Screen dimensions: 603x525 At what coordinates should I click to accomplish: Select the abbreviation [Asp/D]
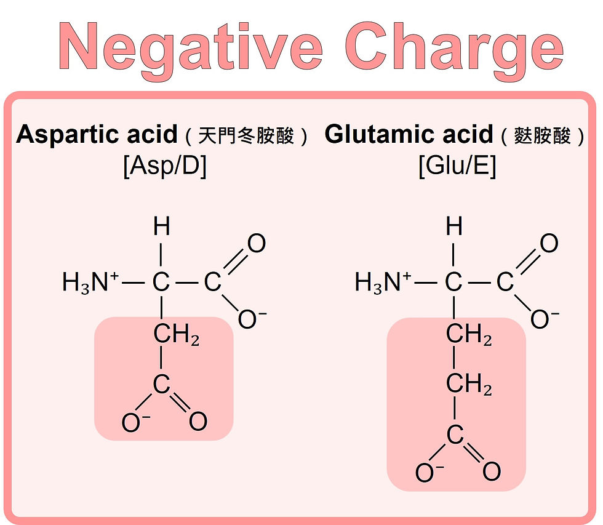tap(165, 167)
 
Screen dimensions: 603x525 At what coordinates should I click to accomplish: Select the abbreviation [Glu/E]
tap(457, 167)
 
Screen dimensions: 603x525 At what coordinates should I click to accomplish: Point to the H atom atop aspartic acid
tap(161, 228)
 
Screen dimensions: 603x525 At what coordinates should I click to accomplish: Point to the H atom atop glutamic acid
tap(454, 228)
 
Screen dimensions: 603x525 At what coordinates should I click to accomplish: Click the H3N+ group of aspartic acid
tap(90, 283)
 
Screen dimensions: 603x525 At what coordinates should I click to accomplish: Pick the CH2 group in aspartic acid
tap(176, 335)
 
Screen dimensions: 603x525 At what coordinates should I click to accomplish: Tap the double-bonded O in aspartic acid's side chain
tap(198, 422)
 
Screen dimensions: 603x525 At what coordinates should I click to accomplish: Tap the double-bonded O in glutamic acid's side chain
tap(491, 472)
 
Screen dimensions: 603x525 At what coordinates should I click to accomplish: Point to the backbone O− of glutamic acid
tap(544, 319)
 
